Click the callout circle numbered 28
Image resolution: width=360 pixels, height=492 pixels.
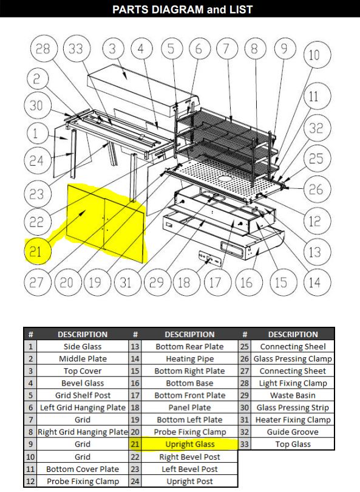[42, 49]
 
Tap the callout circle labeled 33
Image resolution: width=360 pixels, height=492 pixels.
[75, 49]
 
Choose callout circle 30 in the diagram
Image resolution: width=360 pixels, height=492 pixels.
[36, 105]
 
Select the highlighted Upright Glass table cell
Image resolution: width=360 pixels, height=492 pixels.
[189, 444]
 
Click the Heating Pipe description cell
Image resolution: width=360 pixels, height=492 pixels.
[189, 359]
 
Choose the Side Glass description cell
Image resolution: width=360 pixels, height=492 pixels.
[83, 347]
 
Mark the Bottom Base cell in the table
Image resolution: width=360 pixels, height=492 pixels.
[189, 383]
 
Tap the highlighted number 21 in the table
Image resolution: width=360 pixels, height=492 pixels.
[135, 444]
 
